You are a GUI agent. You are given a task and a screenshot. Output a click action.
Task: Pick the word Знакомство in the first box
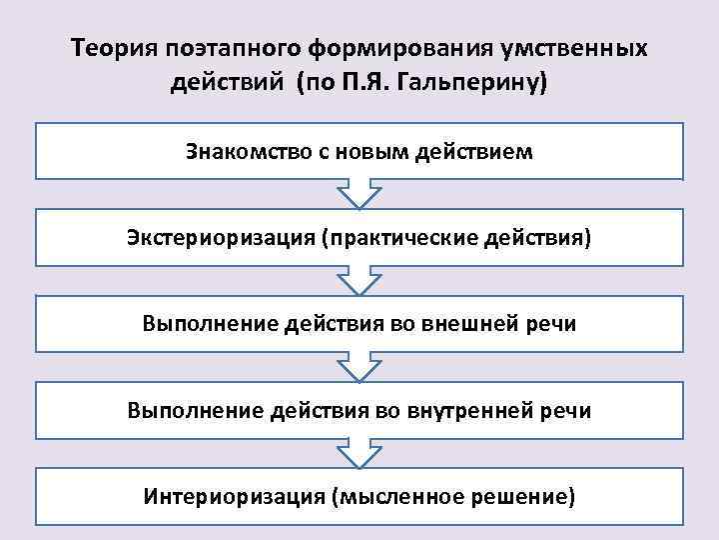click(x=237, y=152)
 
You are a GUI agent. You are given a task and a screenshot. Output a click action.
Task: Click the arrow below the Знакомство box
click(x=359, y=193)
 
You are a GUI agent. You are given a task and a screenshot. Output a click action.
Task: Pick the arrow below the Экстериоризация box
click(x=359, y=279)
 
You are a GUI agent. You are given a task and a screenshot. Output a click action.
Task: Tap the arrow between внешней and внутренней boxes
click(x=359, y=366)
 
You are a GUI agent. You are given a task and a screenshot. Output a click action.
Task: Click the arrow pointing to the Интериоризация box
click(x=359, y=452)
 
